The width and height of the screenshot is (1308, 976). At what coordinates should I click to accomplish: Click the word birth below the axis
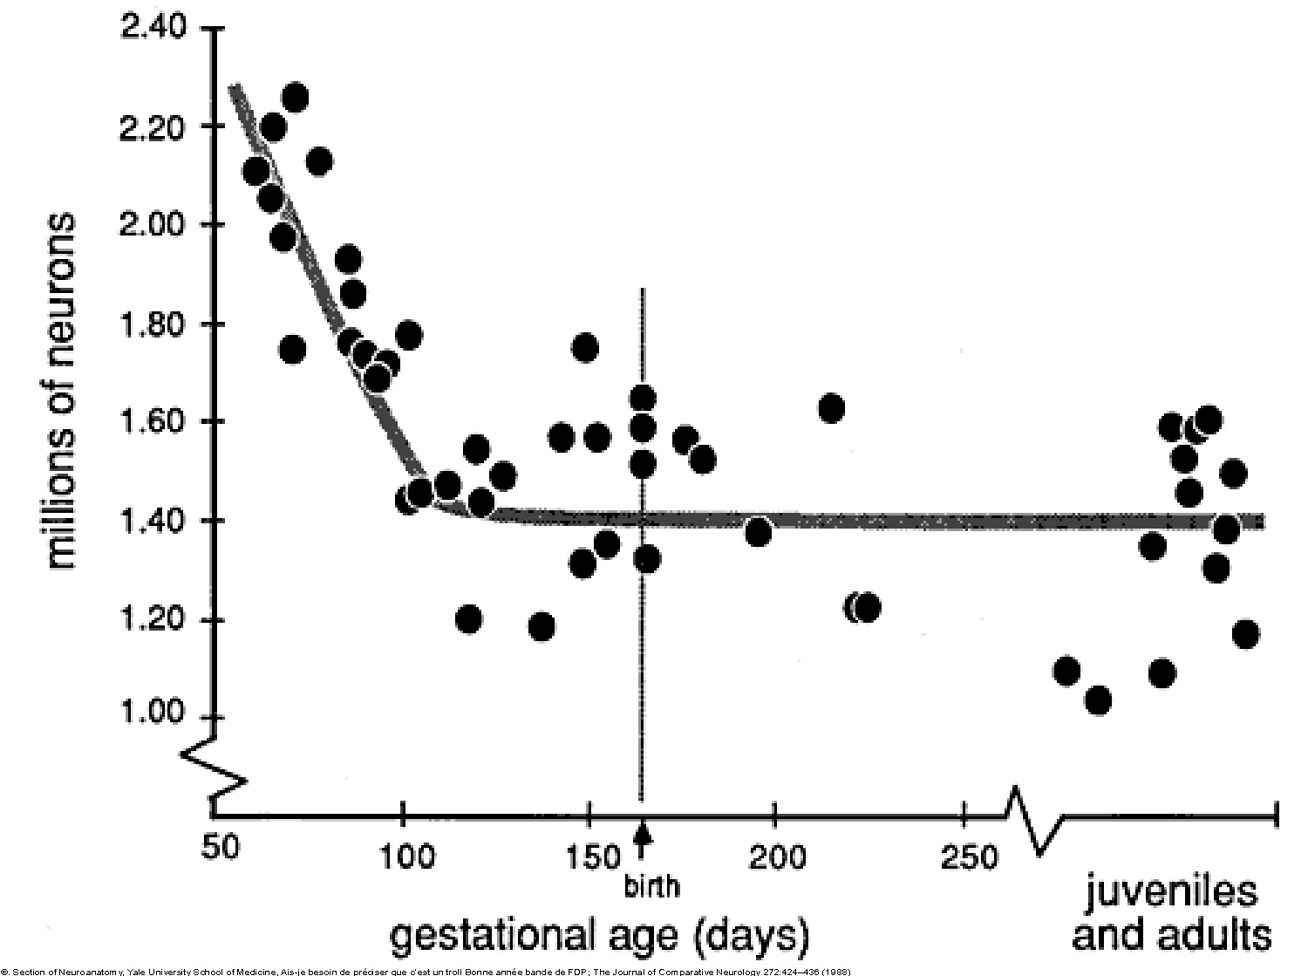[651, 886]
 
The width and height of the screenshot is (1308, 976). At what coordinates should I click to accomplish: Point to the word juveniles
[1171, 893]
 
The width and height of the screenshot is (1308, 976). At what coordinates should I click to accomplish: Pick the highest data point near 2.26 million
[296, 98]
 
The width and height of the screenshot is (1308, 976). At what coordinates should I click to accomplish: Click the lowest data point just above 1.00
[1099, 700]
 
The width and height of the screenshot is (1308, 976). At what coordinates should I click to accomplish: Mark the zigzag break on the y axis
[215, 766]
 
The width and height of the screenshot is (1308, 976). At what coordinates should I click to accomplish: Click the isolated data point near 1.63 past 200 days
[831, 408]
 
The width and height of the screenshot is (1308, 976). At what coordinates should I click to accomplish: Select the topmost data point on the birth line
[643, 399]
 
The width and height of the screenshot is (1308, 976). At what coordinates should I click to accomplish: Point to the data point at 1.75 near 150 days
[585, 347]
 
